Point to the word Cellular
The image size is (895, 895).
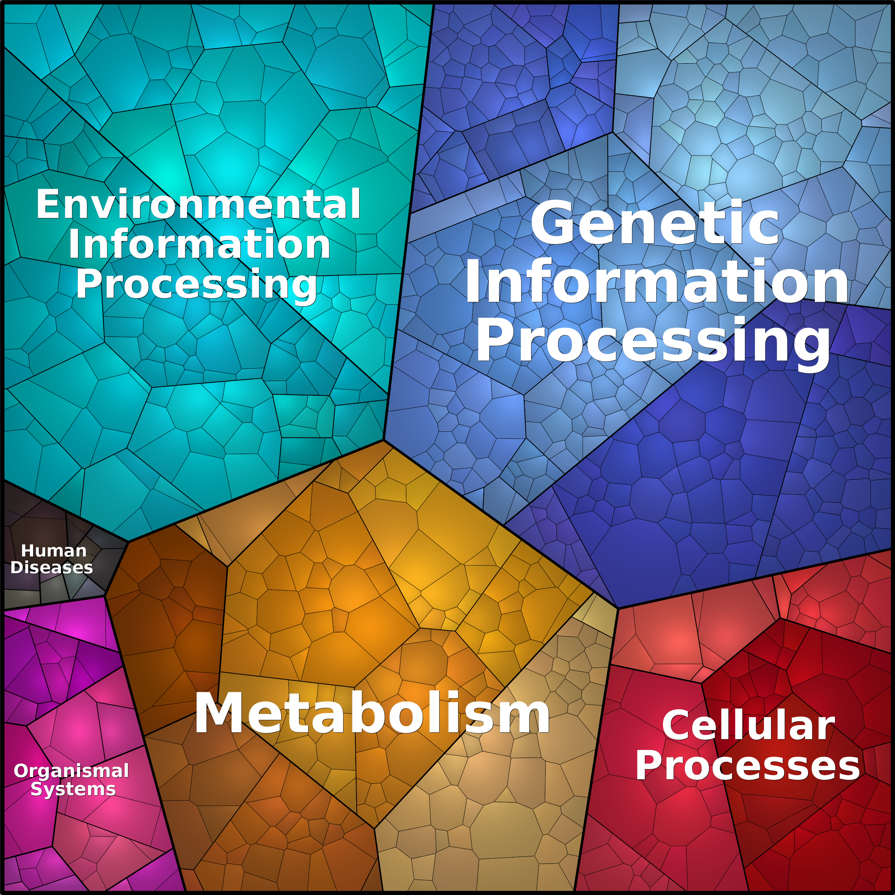click(748, 726)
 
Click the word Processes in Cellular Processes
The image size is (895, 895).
click(747, 766)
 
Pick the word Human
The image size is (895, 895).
click(54, 551)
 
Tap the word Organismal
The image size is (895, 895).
click(71, 771)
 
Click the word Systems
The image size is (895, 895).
click(73, 789)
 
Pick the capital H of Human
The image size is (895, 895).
click(28, 551)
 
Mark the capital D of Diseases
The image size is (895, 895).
click(17, 568)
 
